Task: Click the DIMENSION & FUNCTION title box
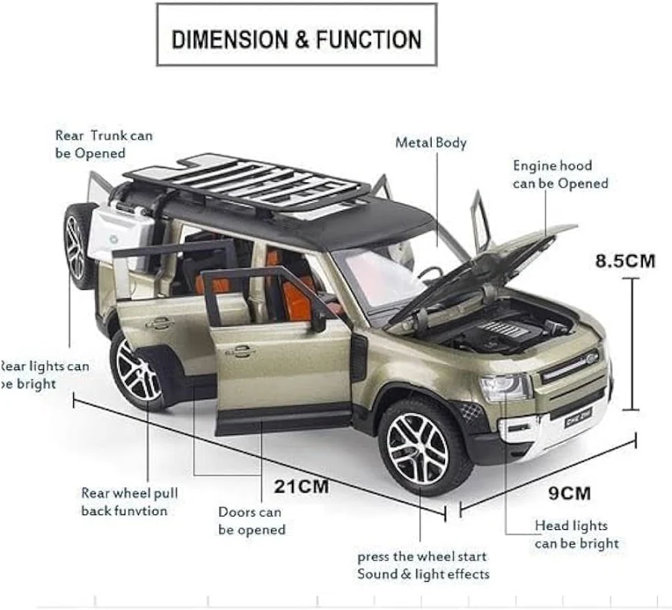pyautogui.click(x=296, y=37)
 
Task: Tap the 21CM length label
pyautogui.click(x=301, y=486)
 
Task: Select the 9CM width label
pyautogui.click(x=570, y=493)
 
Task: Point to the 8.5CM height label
pyautogui.click(x=625, y=261)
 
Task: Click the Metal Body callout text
pyautogui.click(x=431, y=142)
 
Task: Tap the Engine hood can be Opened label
pyautogui.click(x=560, y=174)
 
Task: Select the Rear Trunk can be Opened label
pyautogui.click(x=104, y=144)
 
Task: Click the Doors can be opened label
pyautogui.click(x=252, y=521)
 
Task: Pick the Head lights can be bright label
pyautogui.click(x=576, y=534)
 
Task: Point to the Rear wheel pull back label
pyautogui.click(x=129, y=502)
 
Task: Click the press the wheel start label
pyautogui.click(x=423, y=565)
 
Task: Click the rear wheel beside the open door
pyautogui.click(x=140, y=370)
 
